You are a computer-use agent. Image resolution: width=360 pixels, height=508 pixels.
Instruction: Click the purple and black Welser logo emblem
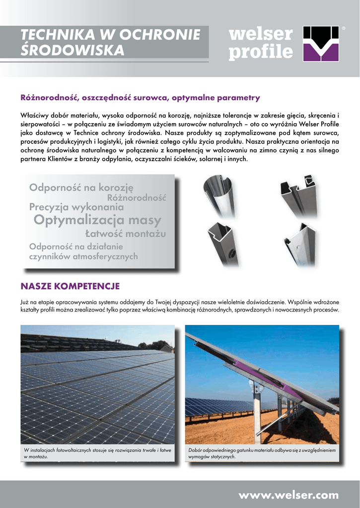(321, 43)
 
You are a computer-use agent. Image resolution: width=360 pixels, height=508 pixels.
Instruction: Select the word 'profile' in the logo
(260, 51)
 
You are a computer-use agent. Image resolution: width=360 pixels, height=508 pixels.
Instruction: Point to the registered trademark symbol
(344, 29)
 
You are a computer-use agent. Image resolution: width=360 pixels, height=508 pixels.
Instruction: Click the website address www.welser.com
(288, 495)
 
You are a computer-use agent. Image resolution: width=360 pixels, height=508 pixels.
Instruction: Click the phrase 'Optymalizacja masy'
(97, 220)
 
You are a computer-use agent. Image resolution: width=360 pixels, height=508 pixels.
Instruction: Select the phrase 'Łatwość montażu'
(125, 233)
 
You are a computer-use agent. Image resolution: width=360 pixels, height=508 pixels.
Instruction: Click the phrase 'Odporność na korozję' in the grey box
(81, 188)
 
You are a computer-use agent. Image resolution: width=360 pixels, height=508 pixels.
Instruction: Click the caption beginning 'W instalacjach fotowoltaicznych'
(97, 453)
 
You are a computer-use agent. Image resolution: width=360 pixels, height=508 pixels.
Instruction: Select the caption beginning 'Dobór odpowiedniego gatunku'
(262, 453)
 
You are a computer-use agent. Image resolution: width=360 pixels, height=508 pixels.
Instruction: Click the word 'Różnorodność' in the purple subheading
(49, 98)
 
